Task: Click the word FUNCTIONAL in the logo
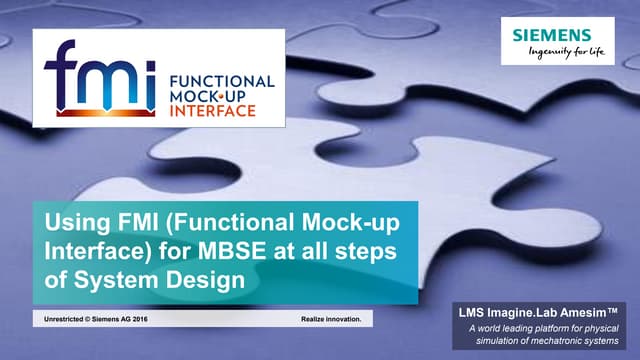click(x=221, y=79)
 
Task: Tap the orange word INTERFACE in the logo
click(x=212, y=111)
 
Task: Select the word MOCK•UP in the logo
click(x=210, y=95)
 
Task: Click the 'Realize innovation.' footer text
click(x=337, y=319)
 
